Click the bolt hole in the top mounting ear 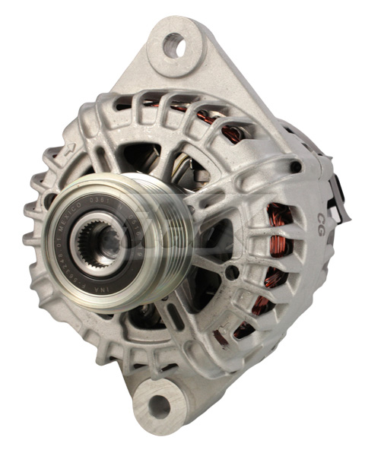click(174, 46)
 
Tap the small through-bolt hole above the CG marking click(297, 165)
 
